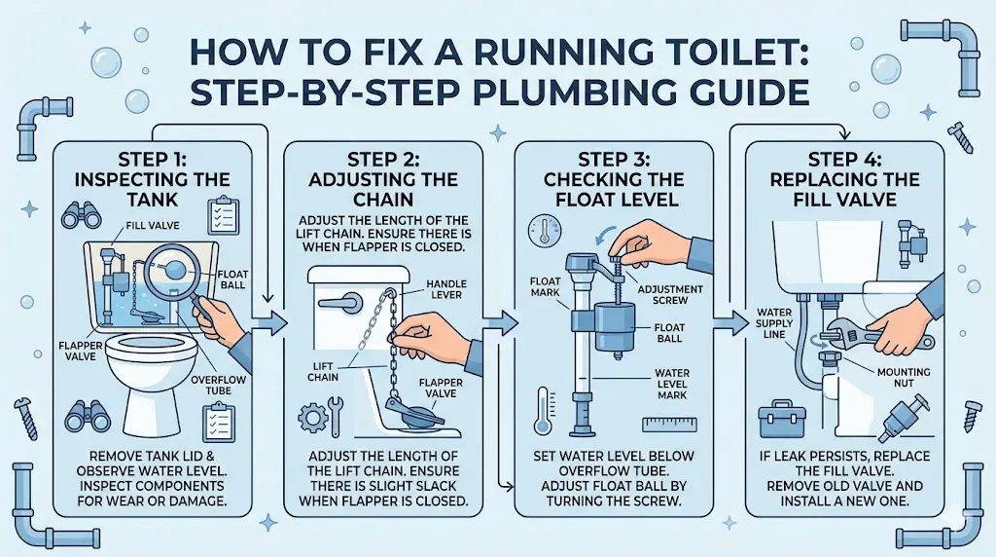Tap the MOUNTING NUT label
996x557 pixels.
(x=904, y=380)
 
